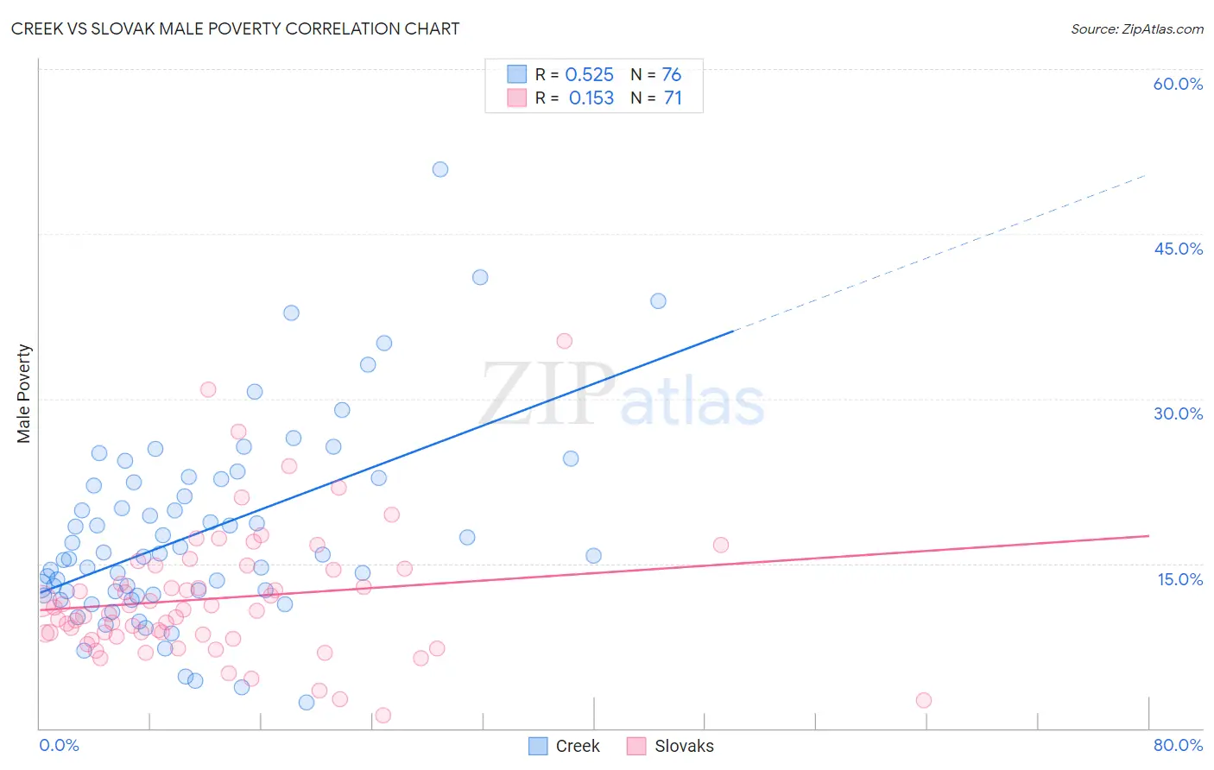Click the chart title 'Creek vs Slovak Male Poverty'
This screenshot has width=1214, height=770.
235,28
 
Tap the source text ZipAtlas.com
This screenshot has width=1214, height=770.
1136,28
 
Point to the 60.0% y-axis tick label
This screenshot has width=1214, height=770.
1178,84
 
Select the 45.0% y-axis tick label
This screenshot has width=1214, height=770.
1178,249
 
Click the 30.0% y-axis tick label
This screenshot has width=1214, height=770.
1178,413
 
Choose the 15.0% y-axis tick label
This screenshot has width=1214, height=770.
1179,579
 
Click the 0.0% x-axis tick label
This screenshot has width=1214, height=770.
59,745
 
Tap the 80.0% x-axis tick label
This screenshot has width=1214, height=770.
1178,745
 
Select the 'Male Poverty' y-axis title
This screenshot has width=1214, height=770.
24,394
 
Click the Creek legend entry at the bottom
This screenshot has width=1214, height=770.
564,746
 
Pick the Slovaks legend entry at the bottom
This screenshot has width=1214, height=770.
671,746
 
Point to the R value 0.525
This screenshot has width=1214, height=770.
589,75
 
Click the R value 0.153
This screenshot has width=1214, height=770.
591,98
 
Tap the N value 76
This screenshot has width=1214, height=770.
671,75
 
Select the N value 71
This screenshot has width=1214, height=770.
673,98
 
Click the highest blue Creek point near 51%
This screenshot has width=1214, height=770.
440,169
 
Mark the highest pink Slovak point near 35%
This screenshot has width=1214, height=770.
565,341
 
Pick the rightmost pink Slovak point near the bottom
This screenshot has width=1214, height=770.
924,700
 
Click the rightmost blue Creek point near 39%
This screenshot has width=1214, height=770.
658,301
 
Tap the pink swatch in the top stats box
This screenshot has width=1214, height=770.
516,98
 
